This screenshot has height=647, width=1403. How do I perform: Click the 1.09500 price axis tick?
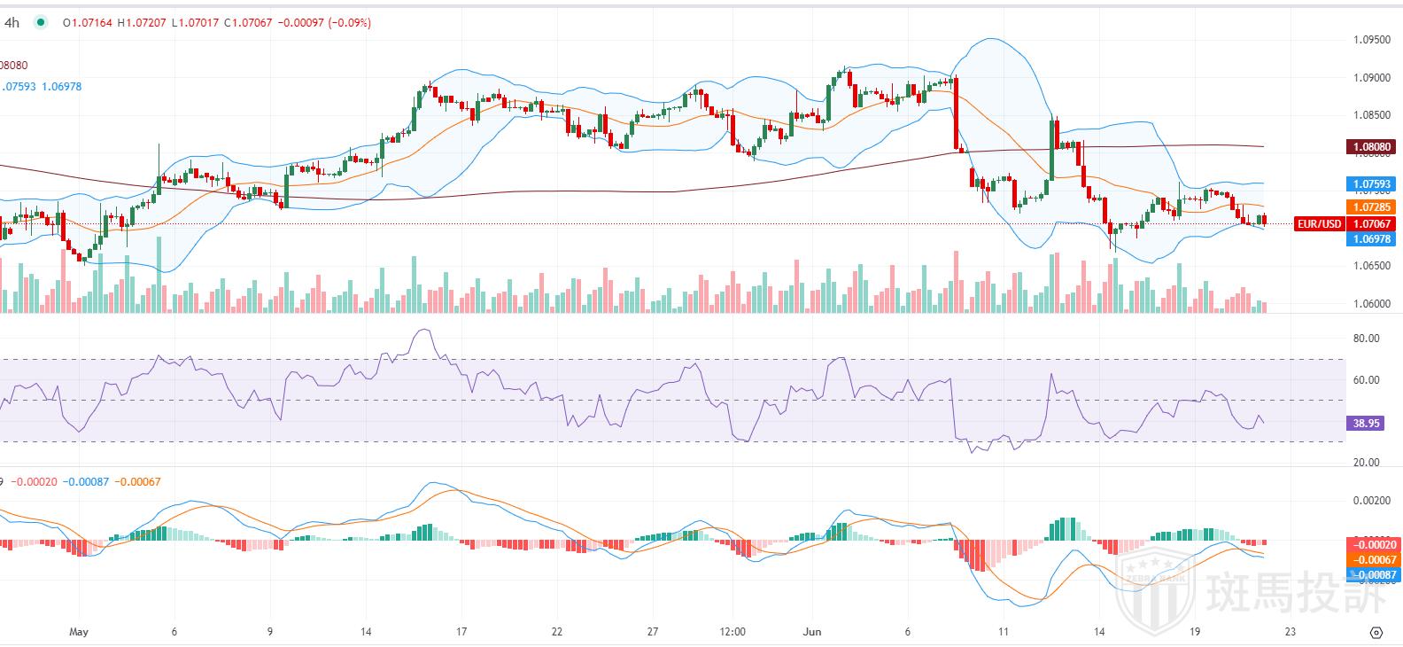(x=1371, y=40)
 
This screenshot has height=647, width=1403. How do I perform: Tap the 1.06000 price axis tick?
(x=1371, y=304)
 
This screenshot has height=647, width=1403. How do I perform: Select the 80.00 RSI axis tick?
(x=1367, y=339)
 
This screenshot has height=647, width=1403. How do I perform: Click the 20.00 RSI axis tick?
(x=1367, y=463)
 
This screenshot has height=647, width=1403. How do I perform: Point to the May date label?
(x=79, y=632)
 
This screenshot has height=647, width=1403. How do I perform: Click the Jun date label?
(x=812, y=632)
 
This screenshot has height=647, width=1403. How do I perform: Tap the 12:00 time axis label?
(x=733, y=632)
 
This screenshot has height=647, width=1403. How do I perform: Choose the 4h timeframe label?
(x=12, y=23)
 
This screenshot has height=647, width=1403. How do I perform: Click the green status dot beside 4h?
(x=40, y=23)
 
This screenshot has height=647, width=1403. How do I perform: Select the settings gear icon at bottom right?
(x=1376, y=632)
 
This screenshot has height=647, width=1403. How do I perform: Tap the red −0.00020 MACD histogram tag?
(x=1373, y=545)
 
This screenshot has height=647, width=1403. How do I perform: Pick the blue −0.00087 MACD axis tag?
(x=1373, y=575)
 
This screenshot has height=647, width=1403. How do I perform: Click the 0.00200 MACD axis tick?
(x=1371, y=501)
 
